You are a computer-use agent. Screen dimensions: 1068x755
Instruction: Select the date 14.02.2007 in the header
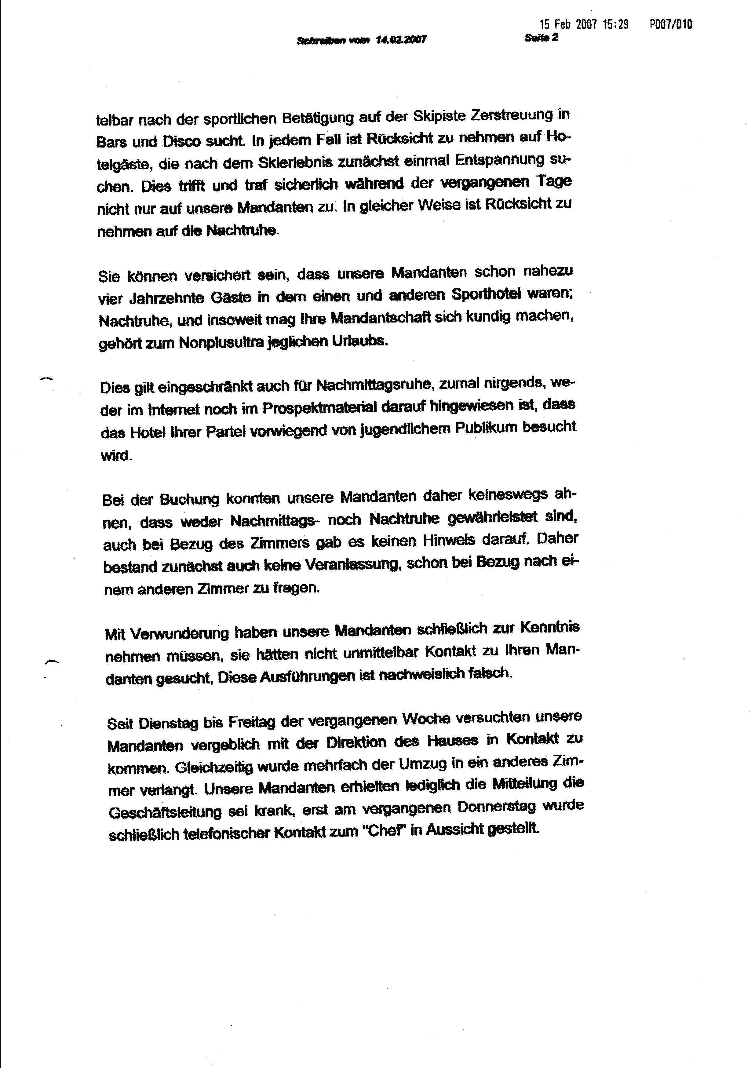[401, 40]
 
